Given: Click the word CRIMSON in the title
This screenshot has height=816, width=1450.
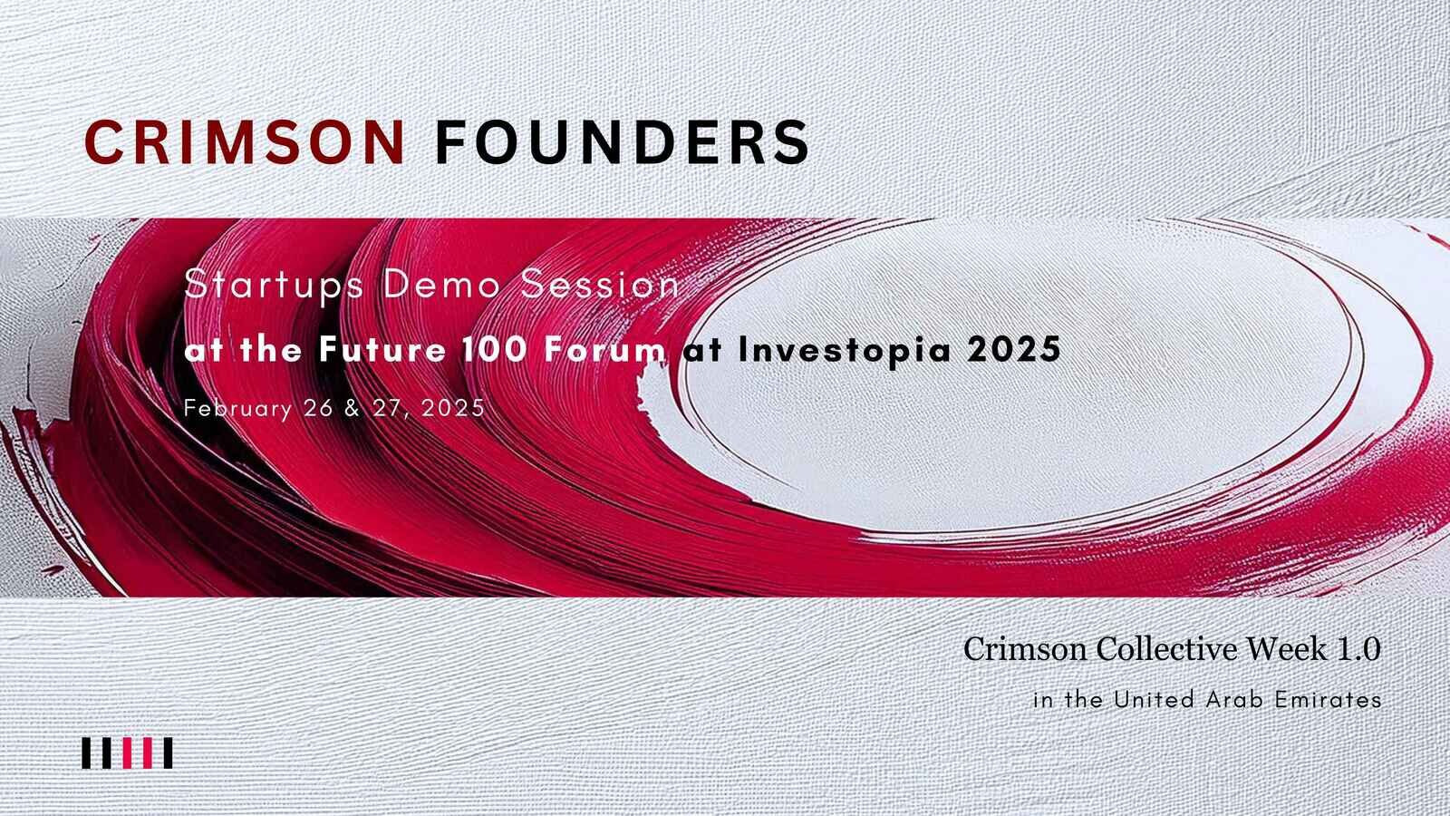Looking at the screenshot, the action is coord(245,141).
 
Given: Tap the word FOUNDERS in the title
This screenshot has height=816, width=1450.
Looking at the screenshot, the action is coord(622,141).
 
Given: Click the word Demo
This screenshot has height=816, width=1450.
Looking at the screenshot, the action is coord(441,285).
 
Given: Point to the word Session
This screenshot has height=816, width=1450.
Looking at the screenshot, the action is coord(600,285).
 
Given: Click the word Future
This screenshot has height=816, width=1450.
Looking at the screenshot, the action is coord(382,350).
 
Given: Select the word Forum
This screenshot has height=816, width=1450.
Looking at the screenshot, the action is coord(604,350).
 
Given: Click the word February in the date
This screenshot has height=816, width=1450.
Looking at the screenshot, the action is coord(237,409).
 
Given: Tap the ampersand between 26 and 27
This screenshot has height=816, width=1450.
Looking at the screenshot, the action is coord(353,409).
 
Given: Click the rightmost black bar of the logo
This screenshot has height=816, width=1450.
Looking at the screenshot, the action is coord(168,753).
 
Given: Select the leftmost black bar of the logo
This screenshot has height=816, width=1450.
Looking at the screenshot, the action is coord(86,753).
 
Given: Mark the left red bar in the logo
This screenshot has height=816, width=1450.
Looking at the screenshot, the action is coord(127,753).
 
